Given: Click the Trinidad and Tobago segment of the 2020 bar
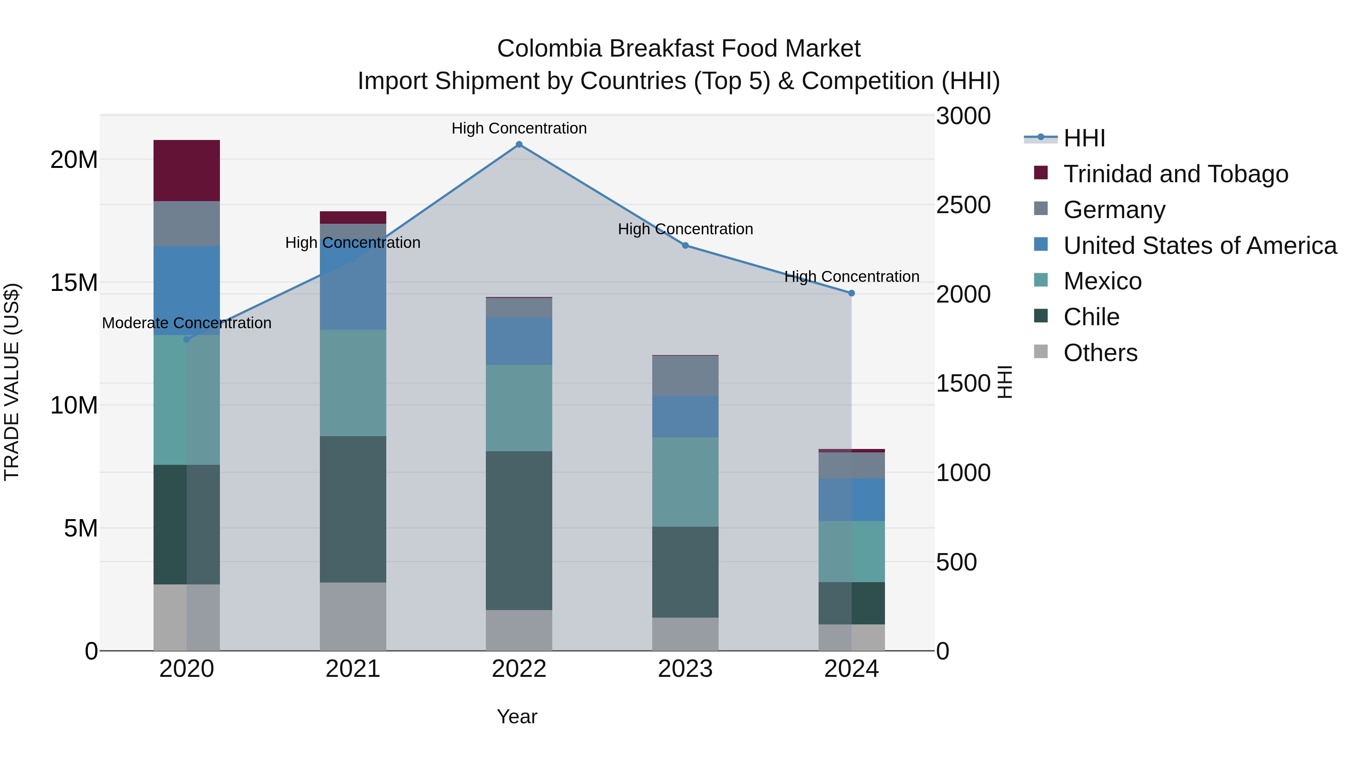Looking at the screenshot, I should click(187, 170).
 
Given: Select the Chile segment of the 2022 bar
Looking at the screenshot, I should click(519, 530).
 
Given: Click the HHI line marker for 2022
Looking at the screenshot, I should click(519, 144).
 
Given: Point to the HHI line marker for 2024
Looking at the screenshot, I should click(851, 293).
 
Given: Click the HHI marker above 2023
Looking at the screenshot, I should click(685, 246).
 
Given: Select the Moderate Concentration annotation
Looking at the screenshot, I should click(187, 323).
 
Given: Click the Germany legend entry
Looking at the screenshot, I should click(1114, 210).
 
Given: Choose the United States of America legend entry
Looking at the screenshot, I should click(1199, 246).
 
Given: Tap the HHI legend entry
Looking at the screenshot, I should click(1083, 138).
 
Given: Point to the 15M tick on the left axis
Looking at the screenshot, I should click(74, 283).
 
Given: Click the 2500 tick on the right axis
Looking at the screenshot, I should click(963, 205).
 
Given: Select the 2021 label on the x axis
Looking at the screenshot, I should click(353, 669).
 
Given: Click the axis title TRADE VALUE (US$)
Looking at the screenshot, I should click(12, 382).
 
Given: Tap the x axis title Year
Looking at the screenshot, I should click(517, 716).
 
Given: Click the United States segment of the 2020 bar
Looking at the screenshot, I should click(187, 291).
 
